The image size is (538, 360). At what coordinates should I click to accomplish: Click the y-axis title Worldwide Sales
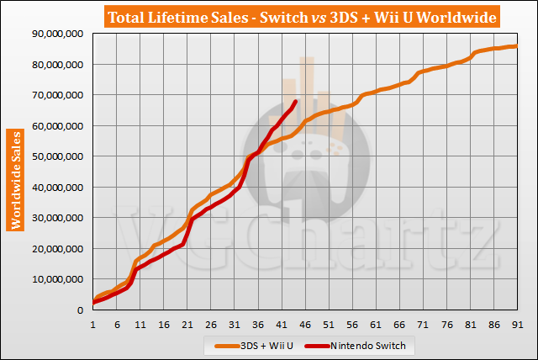[15, 180]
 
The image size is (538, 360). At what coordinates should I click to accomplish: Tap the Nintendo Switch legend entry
[369, 345]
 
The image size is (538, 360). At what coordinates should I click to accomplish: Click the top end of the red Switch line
[295, 102]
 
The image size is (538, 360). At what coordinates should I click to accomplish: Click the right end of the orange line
[514, 46]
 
